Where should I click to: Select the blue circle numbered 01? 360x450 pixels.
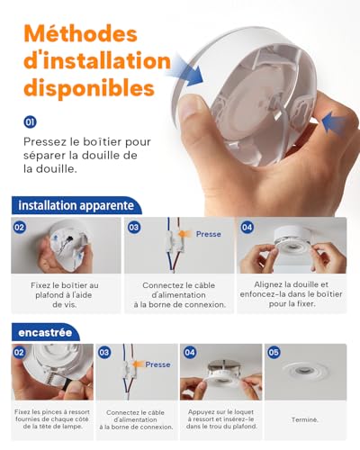pos(31,121)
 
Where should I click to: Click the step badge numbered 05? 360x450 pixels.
pos(274,352)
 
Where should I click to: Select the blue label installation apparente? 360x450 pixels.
pos(76,206)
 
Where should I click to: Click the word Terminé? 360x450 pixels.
pos(305,419)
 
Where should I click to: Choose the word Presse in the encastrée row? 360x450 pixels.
pos(157,364)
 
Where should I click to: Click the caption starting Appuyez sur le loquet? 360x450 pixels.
pos(220,419)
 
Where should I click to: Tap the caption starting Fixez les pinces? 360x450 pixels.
pos(52,419)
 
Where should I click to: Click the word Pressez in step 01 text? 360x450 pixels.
pos(49,141)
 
